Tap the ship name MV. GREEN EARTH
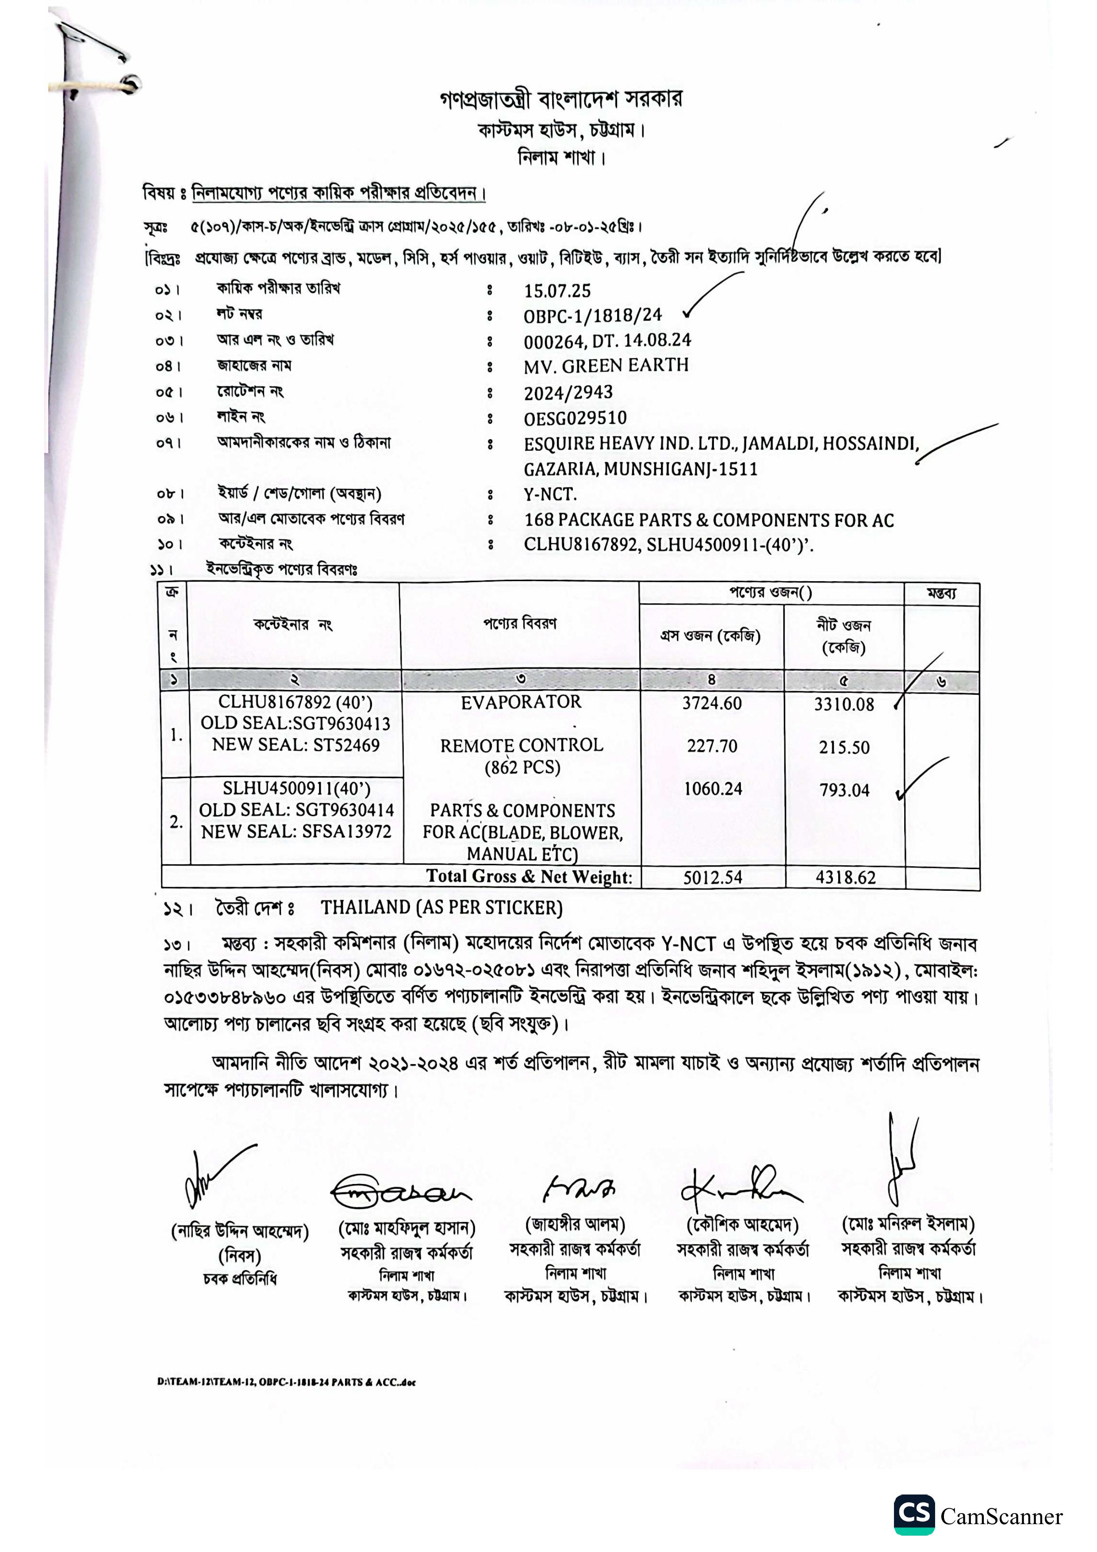[606, 366]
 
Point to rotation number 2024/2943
[568, 392]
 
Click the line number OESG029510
[575, 418]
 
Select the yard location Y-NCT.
[549, 494]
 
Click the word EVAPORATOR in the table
[521, 702]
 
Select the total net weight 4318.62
[845, 878]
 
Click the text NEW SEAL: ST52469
[295, 745]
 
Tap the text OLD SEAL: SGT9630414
[296, 810]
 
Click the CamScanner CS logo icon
[914, 1514]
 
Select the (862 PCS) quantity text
[522, 767]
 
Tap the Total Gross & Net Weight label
[529, 877]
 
